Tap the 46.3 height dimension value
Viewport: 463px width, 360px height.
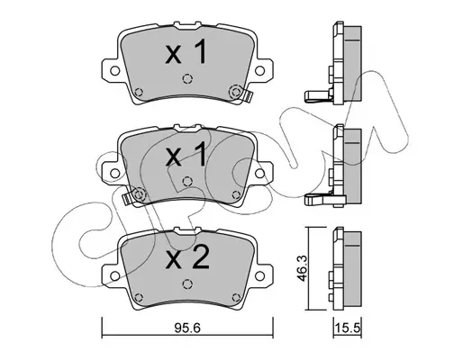[302, 268]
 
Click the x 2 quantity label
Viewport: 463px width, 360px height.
[187, 258]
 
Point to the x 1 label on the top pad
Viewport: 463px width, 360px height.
[186, 52]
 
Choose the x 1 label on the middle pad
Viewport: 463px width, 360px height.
[186, 154]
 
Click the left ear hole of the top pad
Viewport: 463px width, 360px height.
[114, 71]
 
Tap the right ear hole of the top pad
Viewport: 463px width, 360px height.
[259, 71]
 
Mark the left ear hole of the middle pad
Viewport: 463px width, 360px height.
[114, 173]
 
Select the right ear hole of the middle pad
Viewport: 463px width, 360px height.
[259, 173]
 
